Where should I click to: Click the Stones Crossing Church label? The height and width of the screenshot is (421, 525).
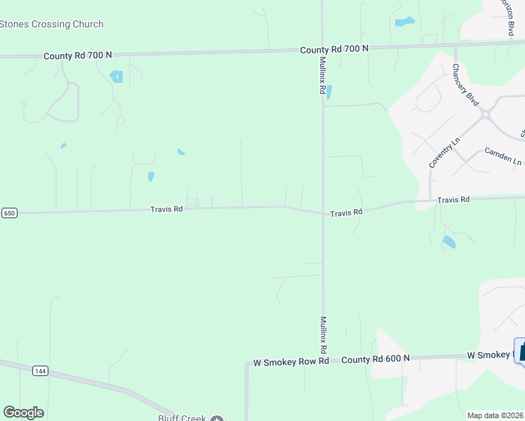(52, 25)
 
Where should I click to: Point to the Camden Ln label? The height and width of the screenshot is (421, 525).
(503, 156)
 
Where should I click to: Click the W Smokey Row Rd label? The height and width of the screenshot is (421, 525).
(291, 362)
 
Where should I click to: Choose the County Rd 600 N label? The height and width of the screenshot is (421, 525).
(375, 359)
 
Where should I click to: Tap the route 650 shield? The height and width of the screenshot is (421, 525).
(9, 213)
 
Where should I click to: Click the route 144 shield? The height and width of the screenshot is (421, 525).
(39, 370)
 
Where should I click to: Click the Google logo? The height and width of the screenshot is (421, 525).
(23, 413)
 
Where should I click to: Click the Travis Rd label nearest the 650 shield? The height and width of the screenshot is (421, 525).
(166, 209)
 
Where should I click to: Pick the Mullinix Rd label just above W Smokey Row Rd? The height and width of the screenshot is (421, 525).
(324, 334)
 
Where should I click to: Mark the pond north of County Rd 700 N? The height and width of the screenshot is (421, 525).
(404, 22)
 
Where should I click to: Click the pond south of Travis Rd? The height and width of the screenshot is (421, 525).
(448, 243)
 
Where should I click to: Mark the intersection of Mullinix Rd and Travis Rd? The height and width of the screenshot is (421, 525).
(323, 213)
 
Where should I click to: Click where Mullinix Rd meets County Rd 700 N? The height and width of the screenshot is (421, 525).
(322, 49)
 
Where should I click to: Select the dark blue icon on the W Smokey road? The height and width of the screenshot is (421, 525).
(521, 350)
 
